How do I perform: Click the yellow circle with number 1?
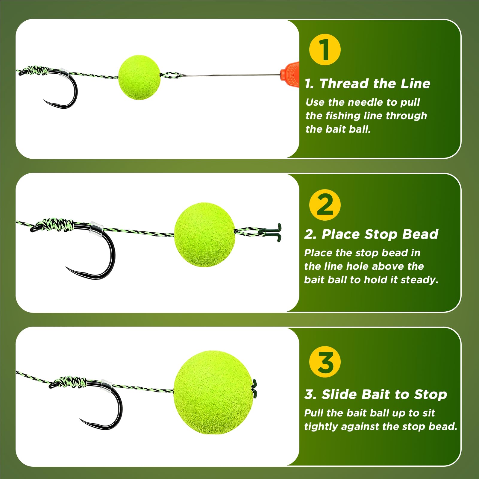point(325,50)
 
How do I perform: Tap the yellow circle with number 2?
point(325,205)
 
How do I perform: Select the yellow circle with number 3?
point(325,362)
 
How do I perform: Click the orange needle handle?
point(290,74)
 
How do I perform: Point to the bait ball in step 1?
point(140,77)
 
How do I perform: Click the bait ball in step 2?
point(205,235)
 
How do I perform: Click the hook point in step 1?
point(44,101)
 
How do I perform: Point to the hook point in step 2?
point(67,267)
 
